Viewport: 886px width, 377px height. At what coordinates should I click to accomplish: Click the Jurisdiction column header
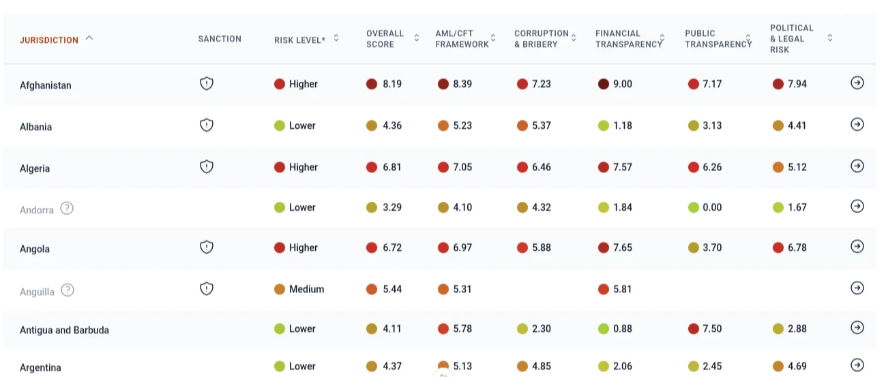(x=49, y=40)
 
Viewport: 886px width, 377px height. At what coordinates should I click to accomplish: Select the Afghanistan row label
(x=46, y=85)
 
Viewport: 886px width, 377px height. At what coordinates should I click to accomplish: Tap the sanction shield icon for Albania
(x=207, y=125)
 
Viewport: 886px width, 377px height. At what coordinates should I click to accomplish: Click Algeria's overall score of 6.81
(x=392, y=167)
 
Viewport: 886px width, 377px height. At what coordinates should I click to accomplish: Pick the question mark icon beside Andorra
(x=67, y=209)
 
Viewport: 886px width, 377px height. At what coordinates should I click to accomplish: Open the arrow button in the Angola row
(x=857, y=246)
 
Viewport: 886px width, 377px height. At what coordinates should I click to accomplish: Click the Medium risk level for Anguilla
(x=306, y=289)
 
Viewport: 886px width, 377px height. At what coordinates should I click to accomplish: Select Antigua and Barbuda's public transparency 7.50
(x=712, y=329)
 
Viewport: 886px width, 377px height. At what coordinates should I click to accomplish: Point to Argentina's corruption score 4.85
(x=542, y=366)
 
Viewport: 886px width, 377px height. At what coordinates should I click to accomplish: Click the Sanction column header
(x=220, y=39)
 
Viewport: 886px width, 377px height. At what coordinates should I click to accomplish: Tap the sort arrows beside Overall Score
(x=417, y=38)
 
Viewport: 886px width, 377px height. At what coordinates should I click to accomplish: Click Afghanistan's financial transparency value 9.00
(x=622, y=84)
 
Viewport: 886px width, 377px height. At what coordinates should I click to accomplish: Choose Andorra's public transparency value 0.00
(x=712, y=207)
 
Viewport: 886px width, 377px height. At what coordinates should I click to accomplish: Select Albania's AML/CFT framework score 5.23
(x=462, y=125)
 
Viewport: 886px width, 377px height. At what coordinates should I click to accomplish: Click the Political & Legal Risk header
(x=792, y=39)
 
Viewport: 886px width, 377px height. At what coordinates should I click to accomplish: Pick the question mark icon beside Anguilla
(x=68, y=290)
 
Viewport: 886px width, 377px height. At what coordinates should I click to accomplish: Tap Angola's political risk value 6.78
(x=797, y=247)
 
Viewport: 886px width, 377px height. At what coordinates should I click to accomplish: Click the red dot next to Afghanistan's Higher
(x=280, y=84)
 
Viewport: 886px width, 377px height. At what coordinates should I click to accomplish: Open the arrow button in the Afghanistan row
(x=857, y=82)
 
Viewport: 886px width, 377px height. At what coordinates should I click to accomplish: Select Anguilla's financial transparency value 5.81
(x=622, y=289)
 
